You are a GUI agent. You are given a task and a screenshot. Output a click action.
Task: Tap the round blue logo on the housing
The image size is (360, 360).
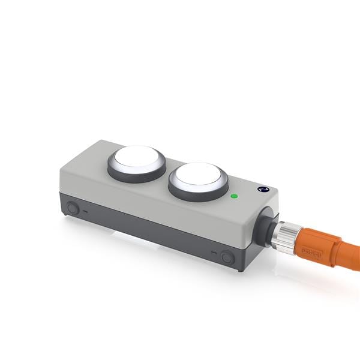[x=262, y=190]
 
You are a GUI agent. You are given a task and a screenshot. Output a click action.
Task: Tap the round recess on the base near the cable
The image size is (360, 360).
[x=227, y=257]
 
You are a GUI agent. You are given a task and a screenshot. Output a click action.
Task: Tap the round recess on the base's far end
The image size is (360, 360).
[x=73, y=208]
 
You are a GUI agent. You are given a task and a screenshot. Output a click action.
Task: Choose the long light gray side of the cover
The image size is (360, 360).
[x=150, y=201]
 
